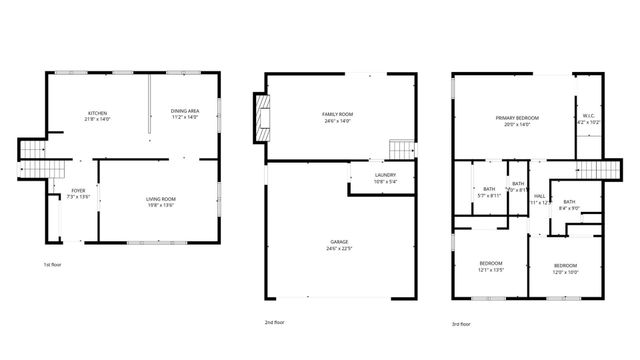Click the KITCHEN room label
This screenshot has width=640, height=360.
coord(97,113)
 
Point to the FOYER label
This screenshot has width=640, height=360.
coord(78,190)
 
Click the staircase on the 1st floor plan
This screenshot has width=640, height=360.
coord(32,152)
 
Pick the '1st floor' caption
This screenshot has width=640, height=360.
coord(53,264)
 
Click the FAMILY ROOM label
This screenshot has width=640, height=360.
coord(336,114)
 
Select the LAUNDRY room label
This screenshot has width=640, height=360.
coord(385,175)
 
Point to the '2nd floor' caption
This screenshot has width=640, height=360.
coord(275,322)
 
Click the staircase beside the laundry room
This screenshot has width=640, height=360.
coord(401,149)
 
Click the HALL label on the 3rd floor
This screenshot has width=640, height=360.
coord(540,195)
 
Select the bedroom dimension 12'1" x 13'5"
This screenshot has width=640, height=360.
coord(490,270)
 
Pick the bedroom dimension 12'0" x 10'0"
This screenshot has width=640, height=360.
coord(566,271)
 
